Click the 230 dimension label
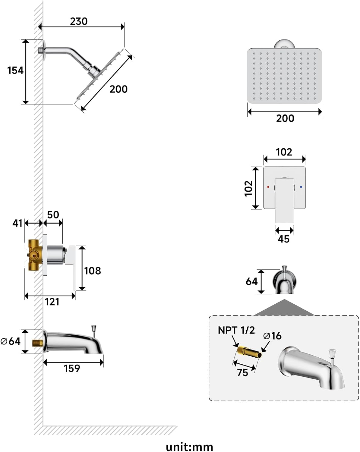click(x=79, y=21)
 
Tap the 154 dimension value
click(x=15, y=71)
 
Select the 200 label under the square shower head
click(x=285, y=118)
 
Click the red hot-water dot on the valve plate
click(x=268, y=187)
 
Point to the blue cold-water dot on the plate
click(x=301, y=187)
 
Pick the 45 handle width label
click(x=283, y=239)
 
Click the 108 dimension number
click(x=93, y=271)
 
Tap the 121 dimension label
click(x=52, y=302)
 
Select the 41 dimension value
click(x=17, y=223)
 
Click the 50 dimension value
click(x=53, y=215)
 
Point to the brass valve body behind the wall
click(x=35, y=255)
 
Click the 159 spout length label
click(x=72, y=369)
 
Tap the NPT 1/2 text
click(x=236, y=330)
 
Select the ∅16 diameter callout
click(x=272, y=336)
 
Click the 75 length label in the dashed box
click(x=242, y=373)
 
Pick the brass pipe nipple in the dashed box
click(x=249, y=352)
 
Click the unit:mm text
click(x=189, y=447)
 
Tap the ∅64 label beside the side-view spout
click(x=11, y=341)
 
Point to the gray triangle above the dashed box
click(x=284, y=308)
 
